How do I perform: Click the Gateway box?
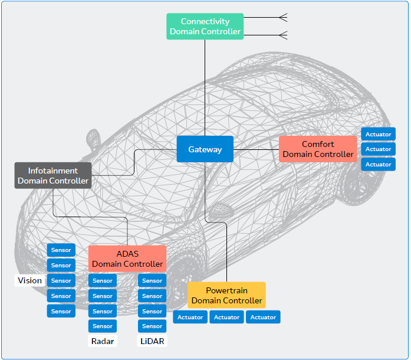click(205, 149)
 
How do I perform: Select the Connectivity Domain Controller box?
click(205, 27)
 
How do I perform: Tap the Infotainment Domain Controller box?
click(53, 176)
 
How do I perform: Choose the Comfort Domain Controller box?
click(318, 149)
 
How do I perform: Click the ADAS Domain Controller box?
click(127, 258)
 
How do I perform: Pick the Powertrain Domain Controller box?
click(226, 295)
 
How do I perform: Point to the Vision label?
click(30, 280)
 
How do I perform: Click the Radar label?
click(103, 341)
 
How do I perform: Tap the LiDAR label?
click(152, 341)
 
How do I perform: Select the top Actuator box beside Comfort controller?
click(378, 134)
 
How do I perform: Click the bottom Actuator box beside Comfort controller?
click(378, 164)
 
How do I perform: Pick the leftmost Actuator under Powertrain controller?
click(190, 317)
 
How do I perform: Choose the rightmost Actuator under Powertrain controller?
click(263, 317)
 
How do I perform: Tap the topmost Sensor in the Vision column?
click(61, 250)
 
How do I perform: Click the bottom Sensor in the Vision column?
click(61, 311)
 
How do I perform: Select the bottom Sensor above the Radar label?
click(103, 326)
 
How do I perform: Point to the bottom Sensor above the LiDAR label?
click(152, 326)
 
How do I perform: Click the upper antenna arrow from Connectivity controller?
click(283, 17)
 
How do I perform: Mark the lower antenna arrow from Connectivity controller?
click(283, 35)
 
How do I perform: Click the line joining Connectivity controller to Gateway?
click(205, 89)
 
